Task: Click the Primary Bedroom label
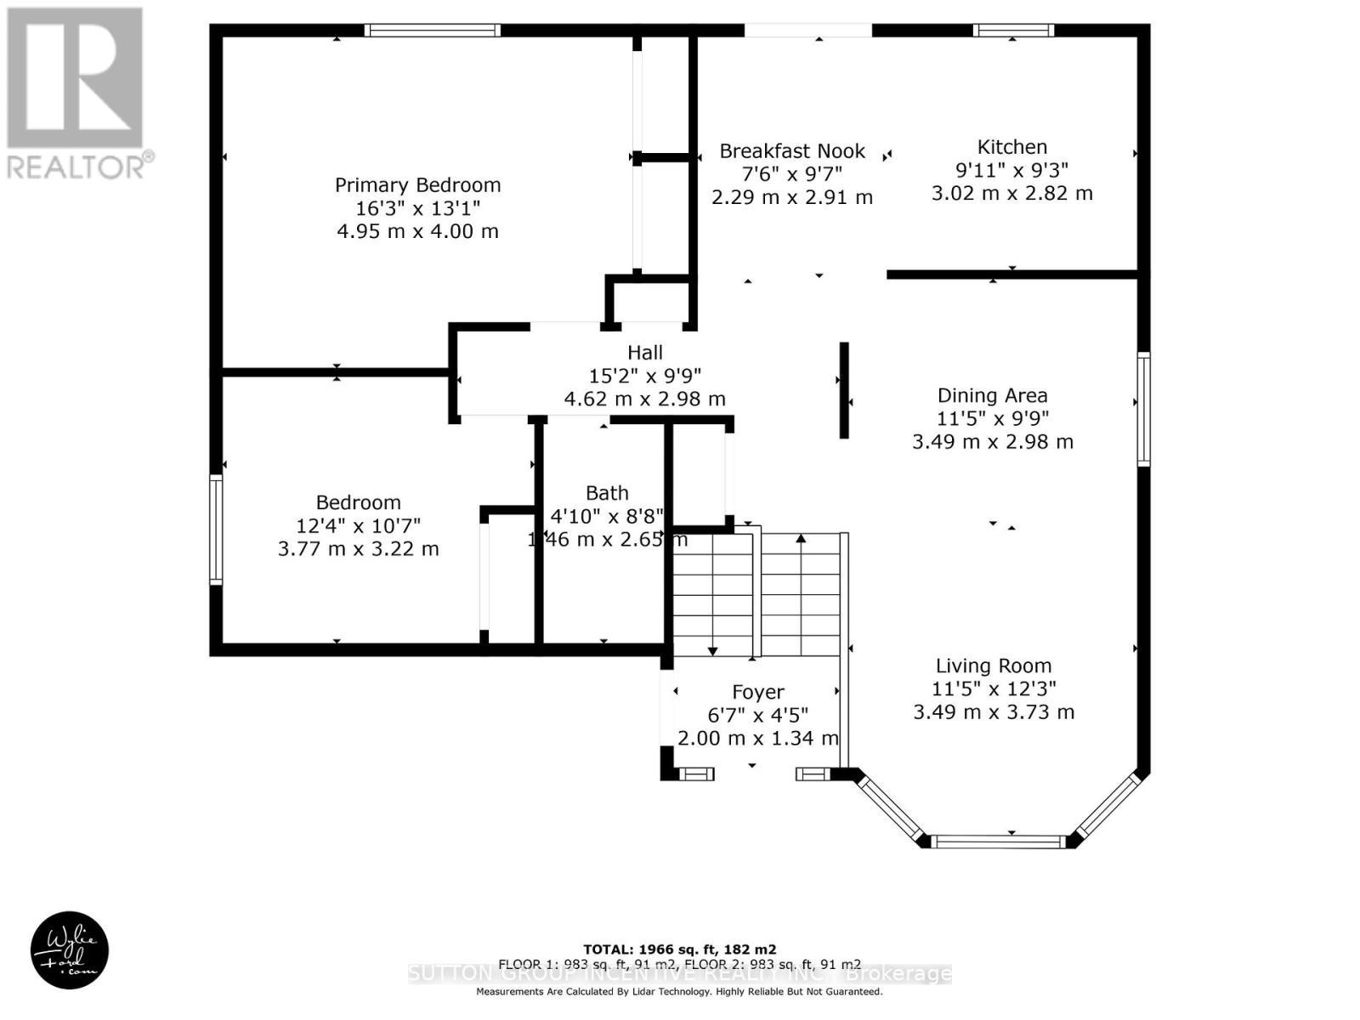point(417,184)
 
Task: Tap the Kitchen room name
point(1011,146)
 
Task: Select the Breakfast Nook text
point(792,151)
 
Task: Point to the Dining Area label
point(992,395)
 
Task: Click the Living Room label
point(993,666)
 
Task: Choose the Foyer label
point(757,692)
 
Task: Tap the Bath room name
point(607,493)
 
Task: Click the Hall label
point(644,352)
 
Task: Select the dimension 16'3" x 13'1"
point(417,208)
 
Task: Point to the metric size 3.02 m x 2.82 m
point(1011,193)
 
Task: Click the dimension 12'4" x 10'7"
point(358,525)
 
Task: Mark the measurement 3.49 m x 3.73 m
point(993,712)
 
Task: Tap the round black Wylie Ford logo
point(70,950)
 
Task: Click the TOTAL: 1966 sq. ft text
point(679,949)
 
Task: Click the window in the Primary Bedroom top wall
point(433,31)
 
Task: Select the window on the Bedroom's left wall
point(216,529)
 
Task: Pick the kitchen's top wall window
point(1013,31)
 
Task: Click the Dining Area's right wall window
point(1143,409)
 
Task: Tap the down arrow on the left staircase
point(712,650)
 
